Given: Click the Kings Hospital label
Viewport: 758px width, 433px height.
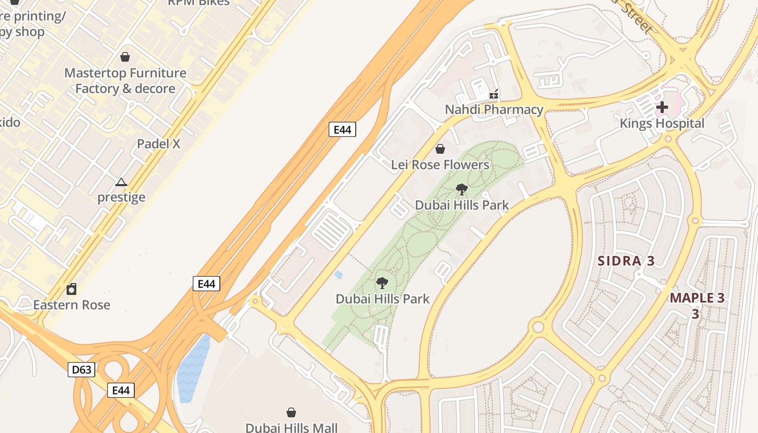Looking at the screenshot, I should (662, 123).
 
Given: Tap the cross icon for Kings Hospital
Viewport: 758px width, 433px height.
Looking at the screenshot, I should (662, 107).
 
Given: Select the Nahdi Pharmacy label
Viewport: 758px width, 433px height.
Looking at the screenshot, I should (494, 109).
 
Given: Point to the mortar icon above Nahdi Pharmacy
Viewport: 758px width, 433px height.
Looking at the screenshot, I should (494, 95).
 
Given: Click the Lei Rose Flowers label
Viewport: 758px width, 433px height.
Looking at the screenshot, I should (440, 165).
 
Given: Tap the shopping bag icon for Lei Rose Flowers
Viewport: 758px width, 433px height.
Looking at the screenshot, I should (440, 149).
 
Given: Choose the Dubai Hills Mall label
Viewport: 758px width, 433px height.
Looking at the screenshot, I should (291, 428).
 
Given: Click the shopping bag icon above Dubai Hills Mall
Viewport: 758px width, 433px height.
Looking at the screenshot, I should (291, 412).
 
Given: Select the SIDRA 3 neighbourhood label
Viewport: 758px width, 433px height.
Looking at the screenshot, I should (626, 261).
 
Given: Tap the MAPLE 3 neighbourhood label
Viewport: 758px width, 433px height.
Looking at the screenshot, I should (697, 298).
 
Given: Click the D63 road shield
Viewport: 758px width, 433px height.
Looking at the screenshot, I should (82, 370).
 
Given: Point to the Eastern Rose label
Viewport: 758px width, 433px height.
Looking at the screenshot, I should (71, 305).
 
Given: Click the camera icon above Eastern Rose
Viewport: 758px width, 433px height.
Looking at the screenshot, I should (71, 289).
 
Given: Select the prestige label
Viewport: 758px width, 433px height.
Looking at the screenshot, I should (121, 197).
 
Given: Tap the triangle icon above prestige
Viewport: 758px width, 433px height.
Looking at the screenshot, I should (121, 182).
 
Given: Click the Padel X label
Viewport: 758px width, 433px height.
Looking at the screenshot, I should (158, 144).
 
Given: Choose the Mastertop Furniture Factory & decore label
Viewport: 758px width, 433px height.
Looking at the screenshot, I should (125, 81).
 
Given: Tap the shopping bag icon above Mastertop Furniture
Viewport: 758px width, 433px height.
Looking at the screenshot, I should (125, 57).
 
